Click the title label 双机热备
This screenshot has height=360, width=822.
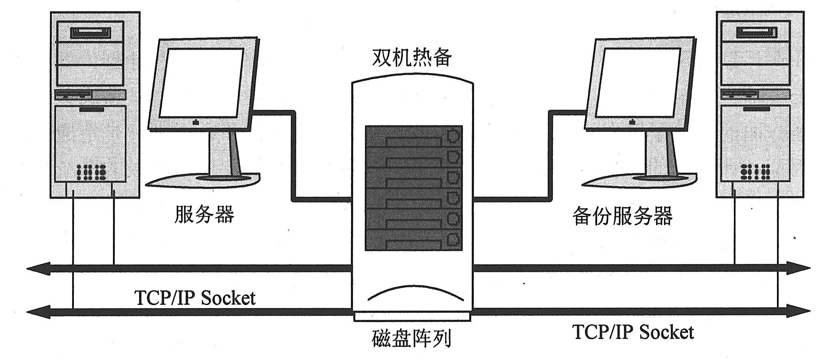[x=412, y=58]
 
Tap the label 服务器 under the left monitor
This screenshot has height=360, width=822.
[x=205, y=214]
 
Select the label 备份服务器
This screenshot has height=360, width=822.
[x=622, y=216]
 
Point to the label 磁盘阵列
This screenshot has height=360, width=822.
[x=412, y=338]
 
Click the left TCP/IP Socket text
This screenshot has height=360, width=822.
[x=195, y=298]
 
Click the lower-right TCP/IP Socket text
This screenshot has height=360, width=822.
[x=633, y=332]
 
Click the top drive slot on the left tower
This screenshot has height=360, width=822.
[x=91, y=32]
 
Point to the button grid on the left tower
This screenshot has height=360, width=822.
[x=91, y=172]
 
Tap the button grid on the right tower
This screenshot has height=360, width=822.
[x=755, y=172]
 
